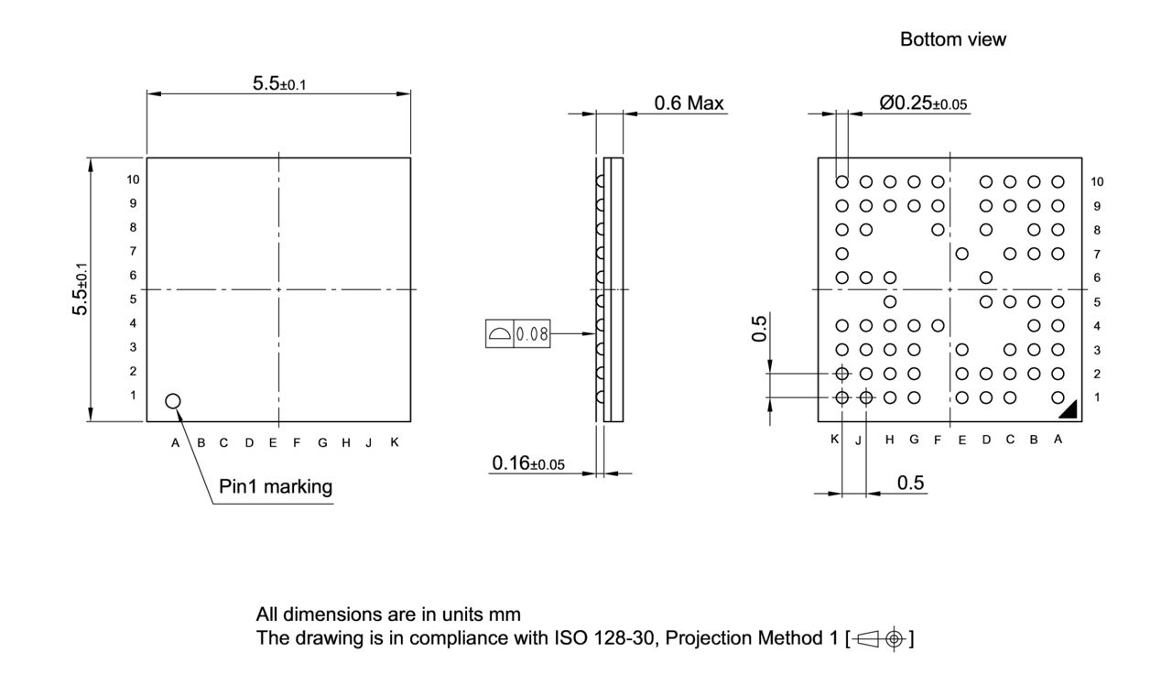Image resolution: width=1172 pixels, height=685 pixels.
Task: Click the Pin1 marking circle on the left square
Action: [173, 401]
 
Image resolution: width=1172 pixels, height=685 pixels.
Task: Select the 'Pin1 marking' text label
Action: [275, 486]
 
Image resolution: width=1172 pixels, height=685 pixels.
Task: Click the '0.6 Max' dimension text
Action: [689, 103]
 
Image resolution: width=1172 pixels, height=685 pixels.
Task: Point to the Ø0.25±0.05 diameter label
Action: [923, 103]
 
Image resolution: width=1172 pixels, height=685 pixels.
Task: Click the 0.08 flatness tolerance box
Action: [532, 334]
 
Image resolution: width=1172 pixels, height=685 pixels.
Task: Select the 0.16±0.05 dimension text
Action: [528, 464]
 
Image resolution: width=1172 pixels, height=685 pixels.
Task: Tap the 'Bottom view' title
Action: [952, 39]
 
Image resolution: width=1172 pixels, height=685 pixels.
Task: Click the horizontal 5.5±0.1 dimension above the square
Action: [279, 84]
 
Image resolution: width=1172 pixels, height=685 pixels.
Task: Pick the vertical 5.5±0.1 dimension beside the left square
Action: [81, 289]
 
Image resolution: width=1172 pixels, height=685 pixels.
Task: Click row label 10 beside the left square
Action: [134, 180]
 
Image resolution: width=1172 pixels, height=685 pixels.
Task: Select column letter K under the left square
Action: [395, 442]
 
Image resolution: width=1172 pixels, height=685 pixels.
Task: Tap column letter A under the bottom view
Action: [1058, 440]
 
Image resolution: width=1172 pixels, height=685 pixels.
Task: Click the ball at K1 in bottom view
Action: [841, 397]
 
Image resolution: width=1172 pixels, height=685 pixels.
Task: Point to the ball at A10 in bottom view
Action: [1058, 181]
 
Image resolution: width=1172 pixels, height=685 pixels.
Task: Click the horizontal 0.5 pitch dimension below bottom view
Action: [909, 484]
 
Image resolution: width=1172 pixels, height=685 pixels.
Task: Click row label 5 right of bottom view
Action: [1097, 301]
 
